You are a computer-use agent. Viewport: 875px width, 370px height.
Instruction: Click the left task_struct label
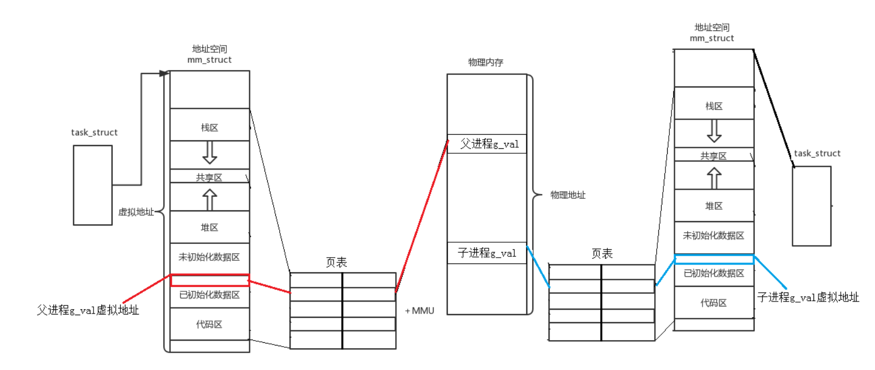point(94,133)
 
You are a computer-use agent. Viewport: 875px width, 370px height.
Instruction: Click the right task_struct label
point(817,154)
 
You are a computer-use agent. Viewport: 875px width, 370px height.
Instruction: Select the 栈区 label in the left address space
point(209,128)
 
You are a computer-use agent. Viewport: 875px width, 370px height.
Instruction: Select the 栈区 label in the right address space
point(714,106)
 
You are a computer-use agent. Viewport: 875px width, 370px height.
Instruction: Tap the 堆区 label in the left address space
point(209,228)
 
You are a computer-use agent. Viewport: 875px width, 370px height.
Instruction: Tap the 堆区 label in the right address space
point(714,206)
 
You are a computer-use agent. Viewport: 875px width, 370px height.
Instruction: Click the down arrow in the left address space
point(209,153)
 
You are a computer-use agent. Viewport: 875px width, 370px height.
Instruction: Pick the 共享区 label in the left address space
point(209,178)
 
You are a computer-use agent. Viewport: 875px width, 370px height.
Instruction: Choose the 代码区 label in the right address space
point(713,303)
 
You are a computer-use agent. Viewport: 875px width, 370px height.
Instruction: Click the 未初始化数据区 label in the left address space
point(209,257)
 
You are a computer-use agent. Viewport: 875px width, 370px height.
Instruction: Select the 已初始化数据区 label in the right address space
point(714,273)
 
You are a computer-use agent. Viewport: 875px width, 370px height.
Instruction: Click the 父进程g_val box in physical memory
point(487,144)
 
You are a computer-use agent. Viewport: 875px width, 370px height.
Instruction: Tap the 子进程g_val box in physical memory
point(487,253)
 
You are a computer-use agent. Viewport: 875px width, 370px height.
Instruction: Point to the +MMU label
point(420,311)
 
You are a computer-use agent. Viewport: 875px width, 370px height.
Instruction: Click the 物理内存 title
point(485,62)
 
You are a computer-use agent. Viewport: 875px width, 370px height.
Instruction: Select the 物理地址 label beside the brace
point(568,195)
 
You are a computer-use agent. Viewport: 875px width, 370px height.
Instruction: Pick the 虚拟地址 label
point(136,212)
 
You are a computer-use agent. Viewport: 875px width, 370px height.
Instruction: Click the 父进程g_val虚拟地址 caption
point(88,310)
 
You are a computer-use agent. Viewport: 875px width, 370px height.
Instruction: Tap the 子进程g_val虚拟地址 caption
point(808,297)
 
